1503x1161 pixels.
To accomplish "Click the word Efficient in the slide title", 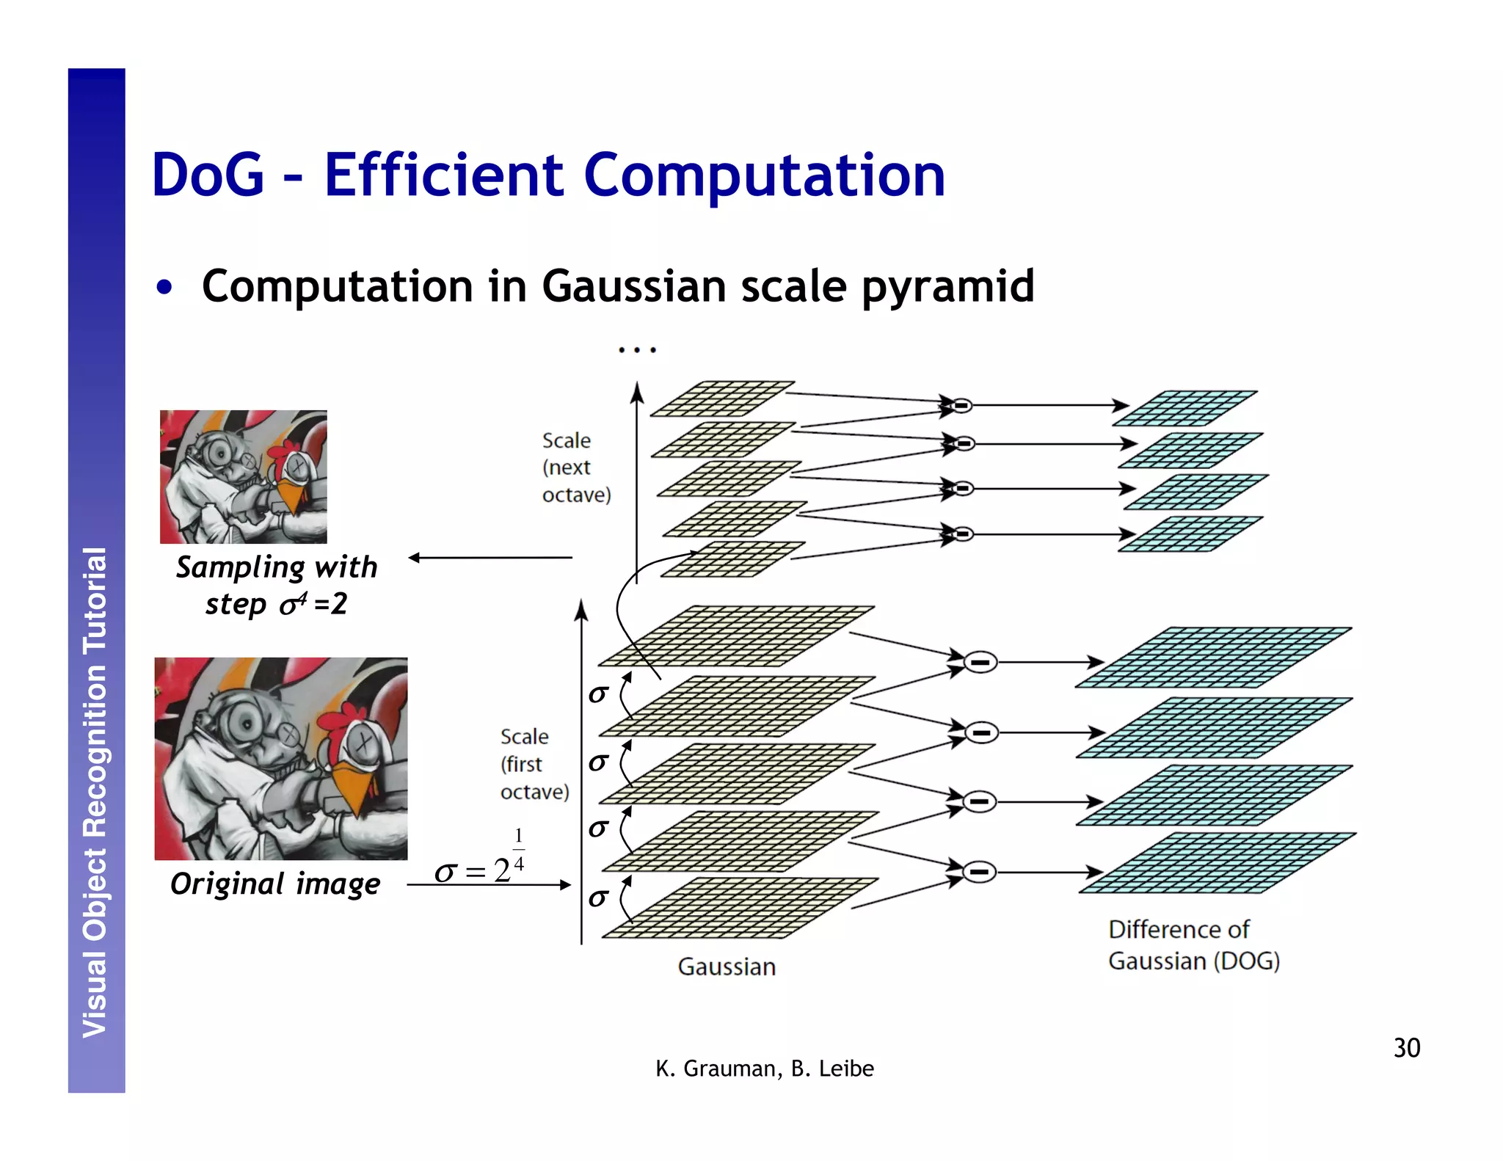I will tap(443, 176).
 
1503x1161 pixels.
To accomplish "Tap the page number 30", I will tap(1406, 1048).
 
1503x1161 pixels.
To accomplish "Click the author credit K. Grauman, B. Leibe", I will tap(764, 1069).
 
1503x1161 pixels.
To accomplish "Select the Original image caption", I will tap(275, 884).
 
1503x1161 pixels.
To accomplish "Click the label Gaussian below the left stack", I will tap(727, 967).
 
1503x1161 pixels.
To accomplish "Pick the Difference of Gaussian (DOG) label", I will tap(1193, 945).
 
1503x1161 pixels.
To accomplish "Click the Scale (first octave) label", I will tap(534, 764).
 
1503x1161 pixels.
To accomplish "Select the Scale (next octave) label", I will tap(575, 467).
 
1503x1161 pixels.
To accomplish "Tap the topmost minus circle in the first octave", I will tap(980, 663).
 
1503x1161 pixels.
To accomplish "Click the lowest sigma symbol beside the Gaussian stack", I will tap(598, 898).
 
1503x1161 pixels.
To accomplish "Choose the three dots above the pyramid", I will tap(636, 350).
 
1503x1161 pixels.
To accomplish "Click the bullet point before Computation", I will tap(164, 288).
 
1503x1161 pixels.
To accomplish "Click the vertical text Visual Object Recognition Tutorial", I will tap(95, 793).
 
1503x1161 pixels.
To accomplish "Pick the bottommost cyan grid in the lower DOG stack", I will tap(1217, 863).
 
